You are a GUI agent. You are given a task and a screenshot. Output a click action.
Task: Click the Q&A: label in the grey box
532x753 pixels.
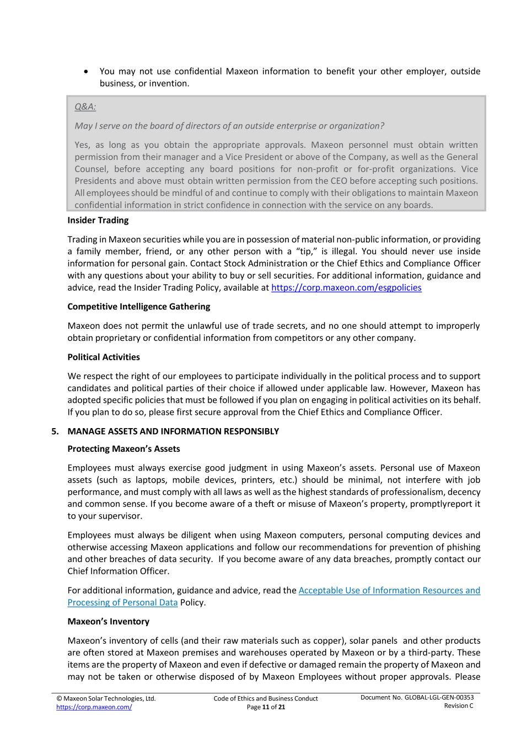[85, 107]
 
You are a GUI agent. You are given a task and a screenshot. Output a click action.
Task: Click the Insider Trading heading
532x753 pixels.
[98, 220]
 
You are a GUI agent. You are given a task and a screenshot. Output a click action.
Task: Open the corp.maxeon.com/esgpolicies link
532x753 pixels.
[346, 287]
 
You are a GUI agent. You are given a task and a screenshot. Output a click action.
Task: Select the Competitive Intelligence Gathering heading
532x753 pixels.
[139, 306]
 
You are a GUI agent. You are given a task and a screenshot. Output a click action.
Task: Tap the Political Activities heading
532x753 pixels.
[104, 357]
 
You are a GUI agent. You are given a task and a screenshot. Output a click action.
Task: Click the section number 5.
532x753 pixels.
[55, 431]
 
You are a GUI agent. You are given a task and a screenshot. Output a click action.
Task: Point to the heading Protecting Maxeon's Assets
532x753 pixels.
[123, 448]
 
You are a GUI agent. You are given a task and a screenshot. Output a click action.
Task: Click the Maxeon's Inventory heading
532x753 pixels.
[109, 621]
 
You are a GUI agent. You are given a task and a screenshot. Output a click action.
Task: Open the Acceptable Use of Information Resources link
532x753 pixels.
[389, 590]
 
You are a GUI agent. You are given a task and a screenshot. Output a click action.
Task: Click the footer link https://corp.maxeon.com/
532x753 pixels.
[94, 707]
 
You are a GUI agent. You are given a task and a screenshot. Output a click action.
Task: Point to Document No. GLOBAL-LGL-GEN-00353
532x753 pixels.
[417, 697]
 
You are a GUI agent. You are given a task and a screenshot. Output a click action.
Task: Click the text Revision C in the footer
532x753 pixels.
[459, 706]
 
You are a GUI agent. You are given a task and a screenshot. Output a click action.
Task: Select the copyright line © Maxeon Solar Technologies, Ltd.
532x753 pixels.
[106, 698]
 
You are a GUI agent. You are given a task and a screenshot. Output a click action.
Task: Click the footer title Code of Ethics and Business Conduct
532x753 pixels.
[266, 698]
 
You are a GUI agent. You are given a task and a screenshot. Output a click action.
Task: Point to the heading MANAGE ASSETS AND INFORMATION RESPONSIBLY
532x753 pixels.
[173, 431]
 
